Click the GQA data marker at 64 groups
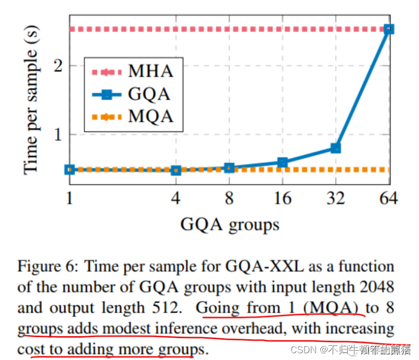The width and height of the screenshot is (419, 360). pyautogui.click(x=388, y=29)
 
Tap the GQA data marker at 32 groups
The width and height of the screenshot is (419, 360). pyautogui.click(x=335, y=149)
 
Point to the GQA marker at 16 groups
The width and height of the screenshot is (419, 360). pyautogui.click(x=282, y=163)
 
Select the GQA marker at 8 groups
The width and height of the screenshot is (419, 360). pyautogui.click(x=229, y=168)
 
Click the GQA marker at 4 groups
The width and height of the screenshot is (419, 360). pyautogui.click(x=176, y=170)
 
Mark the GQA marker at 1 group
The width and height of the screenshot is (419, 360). pyautogui.click(x=70, y=169)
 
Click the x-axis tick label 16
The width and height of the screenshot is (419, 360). pyautogui.click(x=282, y=199)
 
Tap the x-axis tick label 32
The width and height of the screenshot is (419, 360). pyautogui.click(x=335, y=199)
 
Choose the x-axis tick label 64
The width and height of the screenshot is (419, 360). pyautogui.click(x=388, y=199)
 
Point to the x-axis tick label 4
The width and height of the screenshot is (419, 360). pyautogui.click(x=176, y=199)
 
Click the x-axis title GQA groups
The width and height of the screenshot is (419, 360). pyautogui.click(x=229, y=224)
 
